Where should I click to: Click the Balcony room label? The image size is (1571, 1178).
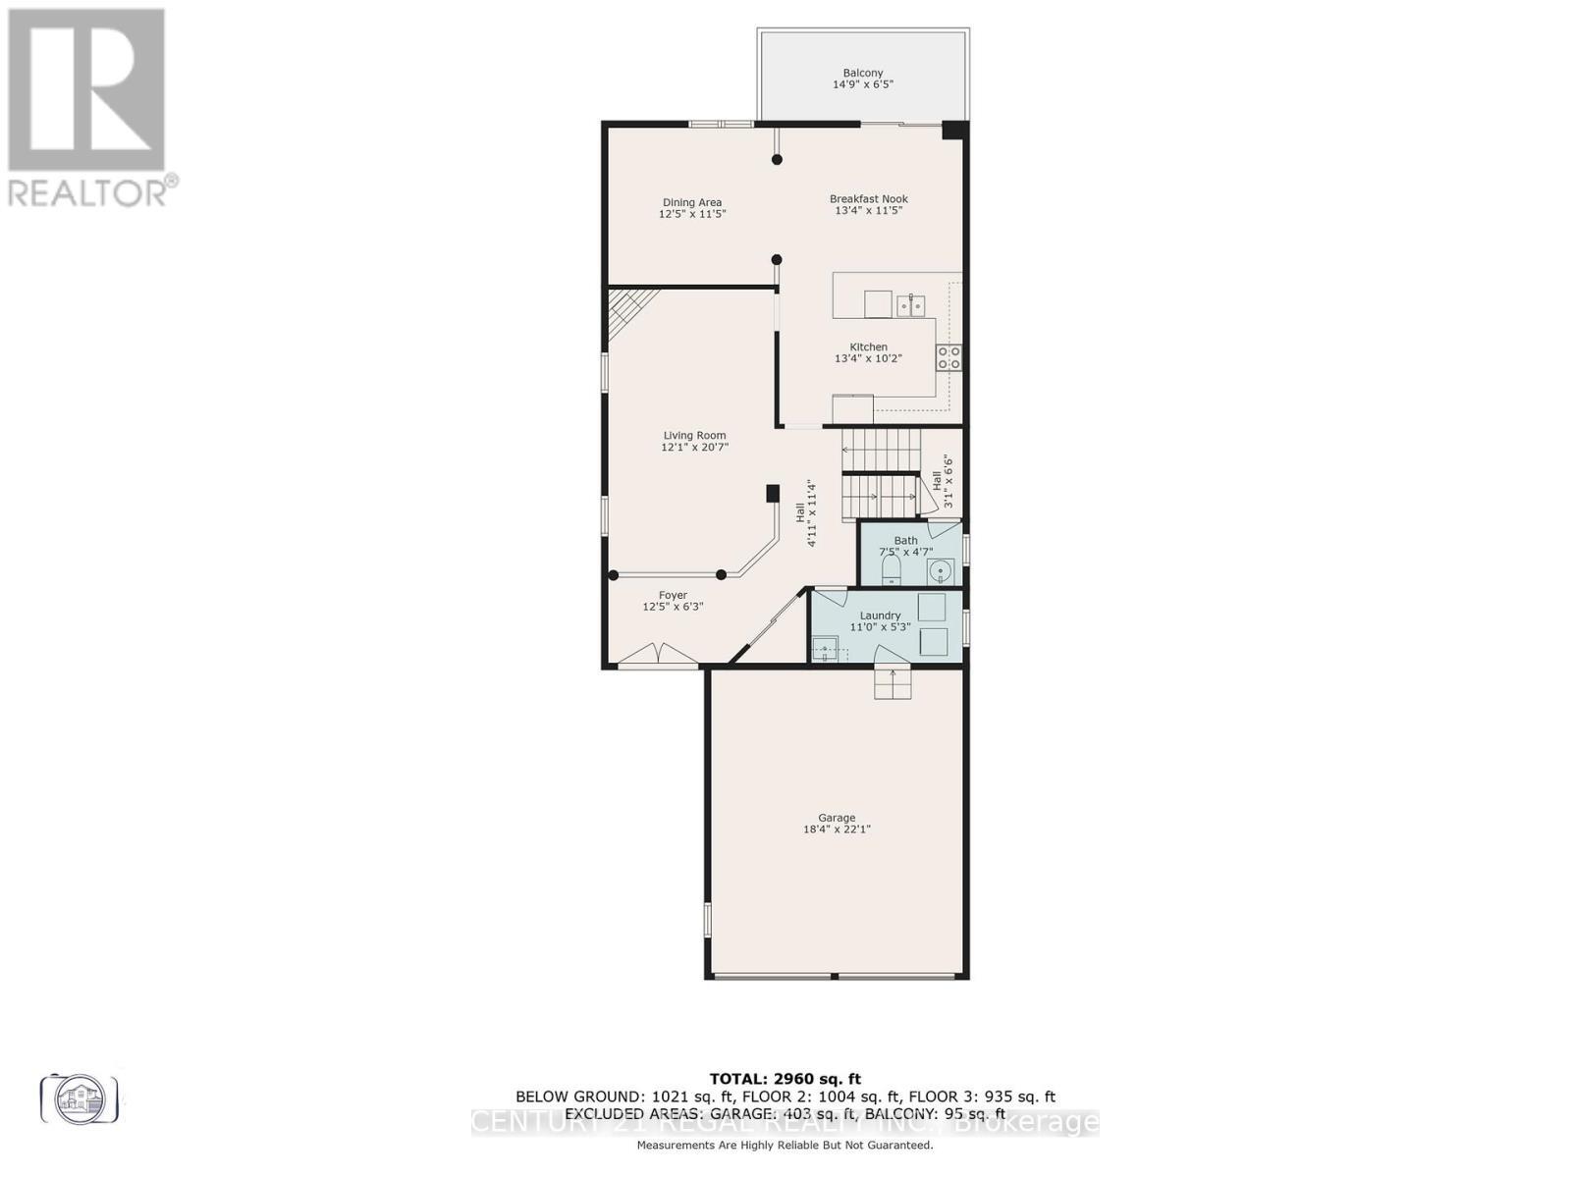862,73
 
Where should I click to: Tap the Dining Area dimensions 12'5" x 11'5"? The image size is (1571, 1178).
692,214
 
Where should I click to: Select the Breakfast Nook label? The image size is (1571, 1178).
868,198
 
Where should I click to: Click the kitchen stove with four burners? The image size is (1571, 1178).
948,357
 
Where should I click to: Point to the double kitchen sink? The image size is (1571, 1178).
910,306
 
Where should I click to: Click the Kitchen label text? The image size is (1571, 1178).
868,347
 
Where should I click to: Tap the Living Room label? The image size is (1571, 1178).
694,435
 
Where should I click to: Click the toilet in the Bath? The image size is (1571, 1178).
892,570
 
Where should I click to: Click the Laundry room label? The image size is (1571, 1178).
880,616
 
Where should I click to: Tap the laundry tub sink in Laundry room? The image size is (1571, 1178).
825,648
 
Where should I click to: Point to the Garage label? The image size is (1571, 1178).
837,817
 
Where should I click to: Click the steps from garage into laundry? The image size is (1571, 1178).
893,684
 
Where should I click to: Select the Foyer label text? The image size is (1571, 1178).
673,595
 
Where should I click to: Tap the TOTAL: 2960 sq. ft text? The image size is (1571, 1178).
785,1078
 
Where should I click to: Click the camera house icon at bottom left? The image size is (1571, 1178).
80,1098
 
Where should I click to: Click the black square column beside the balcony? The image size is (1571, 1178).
954,131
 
